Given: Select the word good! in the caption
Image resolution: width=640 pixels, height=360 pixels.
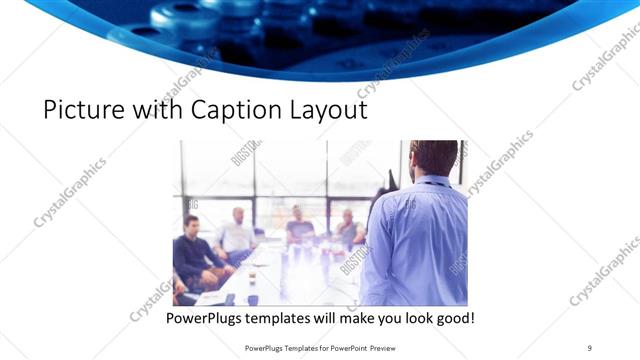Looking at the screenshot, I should coord(451,319).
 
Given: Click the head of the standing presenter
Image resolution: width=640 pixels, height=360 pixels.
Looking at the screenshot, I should coord(434,159).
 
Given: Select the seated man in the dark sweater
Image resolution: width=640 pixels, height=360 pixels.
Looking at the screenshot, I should coord(193,250).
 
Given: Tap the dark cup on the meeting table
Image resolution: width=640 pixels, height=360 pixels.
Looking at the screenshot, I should coord(252,298).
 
